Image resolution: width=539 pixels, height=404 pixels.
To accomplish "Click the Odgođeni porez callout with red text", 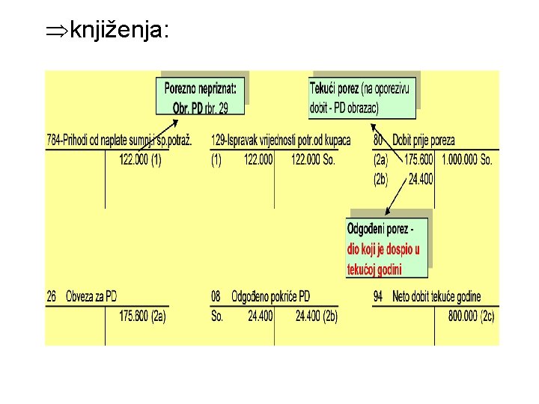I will tap(386, 248).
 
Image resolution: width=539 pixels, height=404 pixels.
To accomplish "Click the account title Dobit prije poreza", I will tap(424, 139).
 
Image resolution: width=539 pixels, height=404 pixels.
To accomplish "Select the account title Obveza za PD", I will tap(91, 296).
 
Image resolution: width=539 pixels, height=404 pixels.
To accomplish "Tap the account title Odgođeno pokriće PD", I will tap(271, 296).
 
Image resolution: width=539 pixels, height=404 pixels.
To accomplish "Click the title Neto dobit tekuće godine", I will tap(437, 296).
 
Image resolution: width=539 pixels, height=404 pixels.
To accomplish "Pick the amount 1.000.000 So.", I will tap(466, 159).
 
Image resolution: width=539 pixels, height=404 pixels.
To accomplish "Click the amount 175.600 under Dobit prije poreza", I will tap(418, 159).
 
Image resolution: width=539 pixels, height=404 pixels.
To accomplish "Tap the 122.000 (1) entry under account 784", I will tap(140, 159).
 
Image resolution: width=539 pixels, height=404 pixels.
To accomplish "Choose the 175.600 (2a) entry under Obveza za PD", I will tap(142, 316).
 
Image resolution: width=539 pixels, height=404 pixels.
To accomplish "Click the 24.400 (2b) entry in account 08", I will tap(316, 316).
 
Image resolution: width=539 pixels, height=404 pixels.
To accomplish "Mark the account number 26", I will tap(52, 296).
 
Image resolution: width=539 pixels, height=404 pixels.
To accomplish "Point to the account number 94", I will tap(379, 296).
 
